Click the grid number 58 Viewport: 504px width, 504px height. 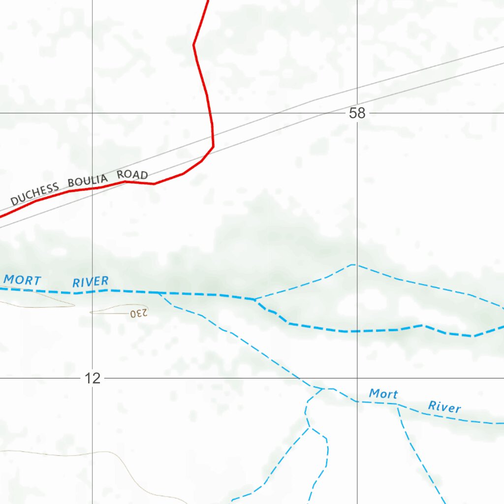357,113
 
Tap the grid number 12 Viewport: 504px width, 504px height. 93,378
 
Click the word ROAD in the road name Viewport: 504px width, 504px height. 132,175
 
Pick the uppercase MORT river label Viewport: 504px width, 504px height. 22,280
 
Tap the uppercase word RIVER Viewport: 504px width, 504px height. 91,282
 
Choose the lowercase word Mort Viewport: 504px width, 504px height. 383,394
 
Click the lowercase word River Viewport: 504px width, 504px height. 444,407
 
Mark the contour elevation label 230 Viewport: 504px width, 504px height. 139,313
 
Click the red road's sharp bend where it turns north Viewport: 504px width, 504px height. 213,146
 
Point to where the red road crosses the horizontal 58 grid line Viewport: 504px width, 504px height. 211,113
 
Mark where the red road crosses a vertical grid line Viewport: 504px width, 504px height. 93,188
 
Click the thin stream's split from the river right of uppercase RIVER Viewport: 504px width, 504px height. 158,293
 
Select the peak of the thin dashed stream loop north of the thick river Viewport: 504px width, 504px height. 353,264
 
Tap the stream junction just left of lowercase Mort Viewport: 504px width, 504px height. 323,389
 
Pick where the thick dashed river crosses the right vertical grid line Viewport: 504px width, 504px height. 357,331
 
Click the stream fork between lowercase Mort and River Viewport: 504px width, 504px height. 398,405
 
